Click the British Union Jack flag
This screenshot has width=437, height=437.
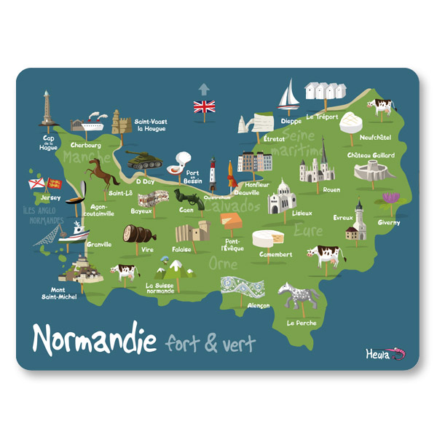click(x=204, y=107)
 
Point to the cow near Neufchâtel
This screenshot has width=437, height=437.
click(x=380, y=107)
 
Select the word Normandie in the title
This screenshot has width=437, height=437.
click(x=95, y=339)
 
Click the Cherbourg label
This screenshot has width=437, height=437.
click(x=87, y=145)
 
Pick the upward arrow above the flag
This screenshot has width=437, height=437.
click(x=204, y=89)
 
